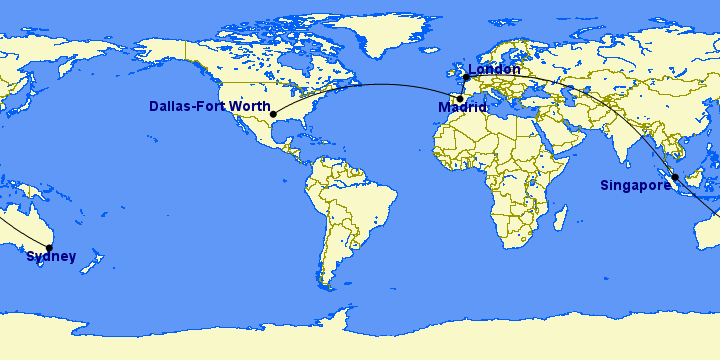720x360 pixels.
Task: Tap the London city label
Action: pos(494,69)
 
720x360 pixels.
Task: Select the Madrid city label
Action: pos(462,107)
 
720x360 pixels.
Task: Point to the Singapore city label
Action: pos(635,185)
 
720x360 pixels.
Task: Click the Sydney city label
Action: pos(51,257)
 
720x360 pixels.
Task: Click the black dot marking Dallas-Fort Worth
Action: pos(273,114)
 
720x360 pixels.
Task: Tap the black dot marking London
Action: pos(466,77)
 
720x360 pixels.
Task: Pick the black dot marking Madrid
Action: pos(460,98)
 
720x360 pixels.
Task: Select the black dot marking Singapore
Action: pos(675,177)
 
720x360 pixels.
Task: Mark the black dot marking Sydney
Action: pos(48,248)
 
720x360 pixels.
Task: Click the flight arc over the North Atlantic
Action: pos(370,85)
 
